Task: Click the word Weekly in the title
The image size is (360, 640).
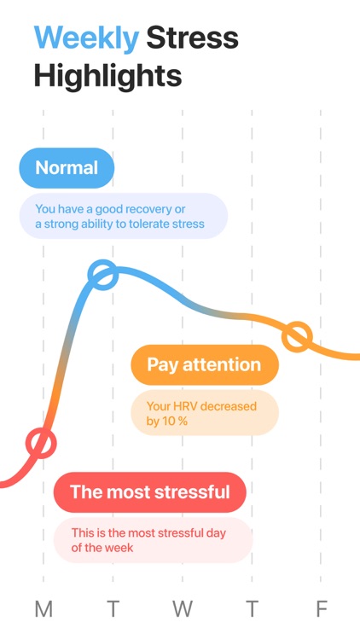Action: pyautogui.click(x=85, y=38)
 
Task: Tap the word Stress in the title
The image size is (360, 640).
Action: pyautogui.click(x=192, y=38)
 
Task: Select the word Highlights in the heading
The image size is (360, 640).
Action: pyautogui.click(x=107, y=76)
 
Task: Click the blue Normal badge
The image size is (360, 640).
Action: pyautogui.click(x=67, y=168)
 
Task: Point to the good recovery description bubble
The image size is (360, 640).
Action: pyautogui.click(x=124, y=216)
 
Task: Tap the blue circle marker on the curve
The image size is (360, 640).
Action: pyautogui.click(x=102, y=275)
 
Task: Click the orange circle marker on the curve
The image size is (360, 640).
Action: pyautogui.click(x=297, y=337)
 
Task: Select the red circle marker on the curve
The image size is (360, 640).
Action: pyautogui.click(x=40, y=443)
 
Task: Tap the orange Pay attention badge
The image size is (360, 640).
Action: pyautogui.click(x=204, y=364)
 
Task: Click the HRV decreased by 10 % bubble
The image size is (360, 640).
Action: pyautogui.click(x=204, y=414)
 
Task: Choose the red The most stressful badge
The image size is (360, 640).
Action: pyautogui.click(x=149, y=492)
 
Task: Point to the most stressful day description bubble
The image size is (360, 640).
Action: pyautogui.click(x=153, y=540)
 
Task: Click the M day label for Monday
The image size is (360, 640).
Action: pyautogui.click(x=44, y=609)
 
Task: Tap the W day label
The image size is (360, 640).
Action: pyautogui.click(x=182, y=609)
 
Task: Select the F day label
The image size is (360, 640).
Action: pyautogui.click(x=322, y=609)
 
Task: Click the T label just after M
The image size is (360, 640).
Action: pyautogui.click(x=113, y=609)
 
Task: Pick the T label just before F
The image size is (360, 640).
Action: pyautogui.click(x=252, y=609)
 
